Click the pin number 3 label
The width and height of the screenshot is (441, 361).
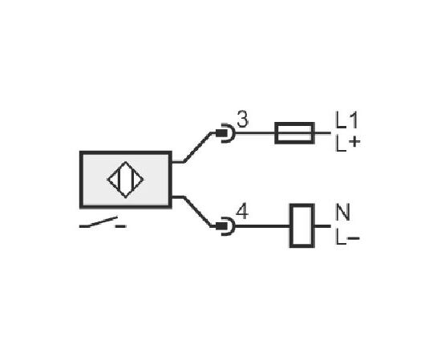point(243,119)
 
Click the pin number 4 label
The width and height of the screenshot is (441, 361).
point(242,212)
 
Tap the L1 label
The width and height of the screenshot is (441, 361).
point(346,120)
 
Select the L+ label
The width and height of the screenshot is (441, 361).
point(348,144)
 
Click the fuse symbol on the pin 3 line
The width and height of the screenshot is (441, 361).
point(294,133)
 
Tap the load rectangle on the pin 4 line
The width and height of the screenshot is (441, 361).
point(302,225)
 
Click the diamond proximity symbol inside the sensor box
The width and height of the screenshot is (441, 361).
point(125,180)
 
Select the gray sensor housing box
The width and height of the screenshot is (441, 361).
point(126,180)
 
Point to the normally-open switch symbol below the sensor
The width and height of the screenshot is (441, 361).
point(103,222)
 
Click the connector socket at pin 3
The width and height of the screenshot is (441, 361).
point(225,133)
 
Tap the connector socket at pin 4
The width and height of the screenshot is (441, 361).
point(225,226)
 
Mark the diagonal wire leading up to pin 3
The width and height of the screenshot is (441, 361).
point(197,147)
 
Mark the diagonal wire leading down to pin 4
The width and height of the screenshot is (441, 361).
point(197,211)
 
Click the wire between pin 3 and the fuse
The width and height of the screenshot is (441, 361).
point(255,133)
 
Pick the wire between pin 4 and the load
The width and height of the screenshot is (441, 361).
point(262,226)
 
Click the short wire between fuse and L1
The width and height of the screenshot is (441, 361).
point(322,133)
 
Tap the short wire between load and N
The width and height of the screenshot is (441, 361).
point(322,226)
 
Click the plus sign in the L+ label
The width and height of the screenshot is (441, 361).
point(354,141)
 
